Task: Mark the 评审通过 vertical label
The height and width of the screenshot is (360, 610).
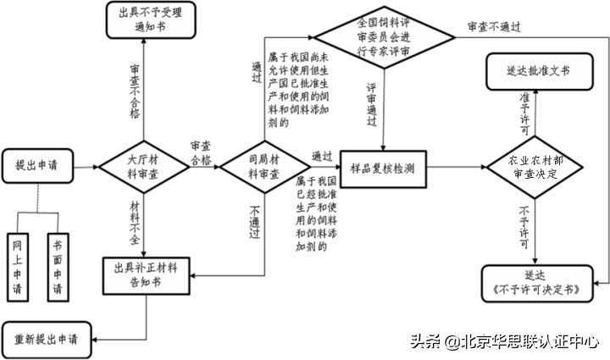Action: pyautogui.click(x=372, y=105)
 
